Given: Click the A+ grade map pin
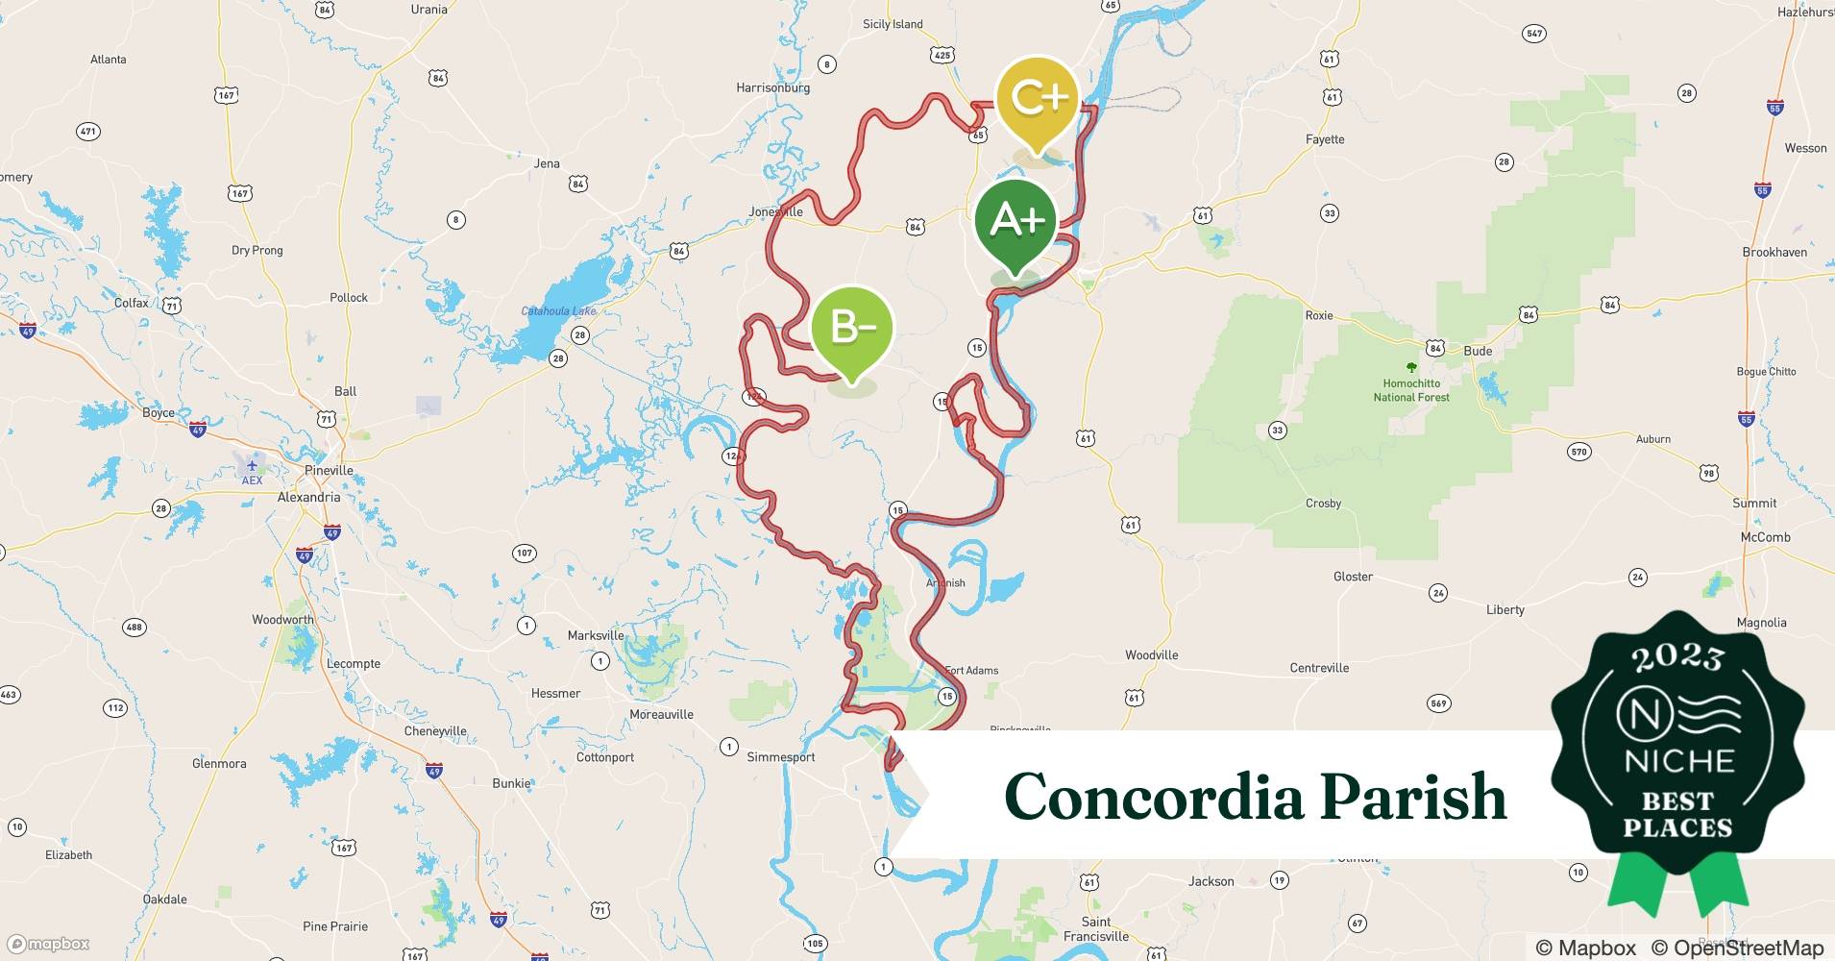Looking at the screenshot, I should (1015, 223).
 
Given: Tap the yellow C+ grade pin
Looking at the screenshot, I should (1038, 99).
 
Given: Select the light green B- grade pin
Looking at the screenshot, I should (852, 329).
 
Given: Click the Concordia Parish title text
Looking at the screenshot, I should (1255, 797).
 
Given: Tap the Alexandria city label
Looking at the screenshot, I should (308, 498).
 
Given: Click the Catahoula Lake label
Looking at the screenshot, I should (558, 311).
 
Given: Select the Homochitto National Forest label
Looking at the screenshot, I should (1410, 390).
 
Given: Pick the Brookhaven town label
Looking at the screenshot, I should (1774, 252).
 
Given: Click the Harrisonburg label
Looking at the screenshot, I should (772, 87).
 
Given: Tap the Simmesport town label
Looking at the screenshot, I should (781, 757).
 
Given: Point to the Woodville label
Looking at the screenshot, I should (1151, 655).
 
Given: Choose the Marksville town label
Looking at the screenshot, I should (596, 635).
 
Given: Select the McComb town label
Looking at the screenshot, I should (1765, 537).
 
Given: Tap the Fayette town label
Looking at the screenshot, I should (1325, 139).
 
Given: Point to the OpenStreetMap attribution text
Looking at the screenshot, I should (1737, 948).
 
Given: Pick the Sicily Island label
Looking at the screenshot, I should (893, 24).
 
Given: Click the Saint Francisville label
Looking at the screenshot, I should (1096, 929).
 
